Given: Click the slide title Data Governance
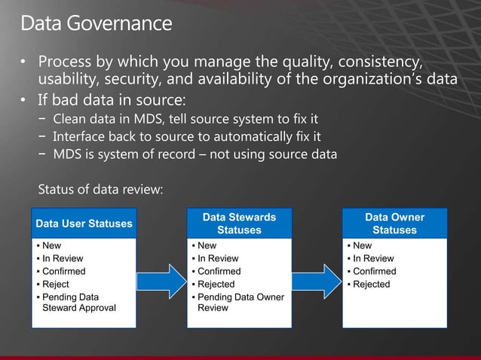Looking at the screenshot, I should tap(96, 23).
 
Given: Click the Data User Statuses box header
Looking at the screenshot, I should tap(84, 223).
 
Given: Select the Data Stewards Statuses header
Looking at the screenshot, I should tap(239, 223).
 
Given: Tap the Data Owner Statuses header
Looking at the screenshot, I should tap(394, 223).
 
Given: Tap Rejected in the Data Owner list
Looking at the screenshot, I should tap(372, 284).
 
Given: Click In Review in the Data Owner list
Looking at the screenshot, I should tap(373, 258).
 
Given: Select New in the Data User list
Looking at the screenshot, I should tap(52, 246).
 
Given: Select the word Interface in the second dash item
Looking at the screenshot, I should tap(80, 136).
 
